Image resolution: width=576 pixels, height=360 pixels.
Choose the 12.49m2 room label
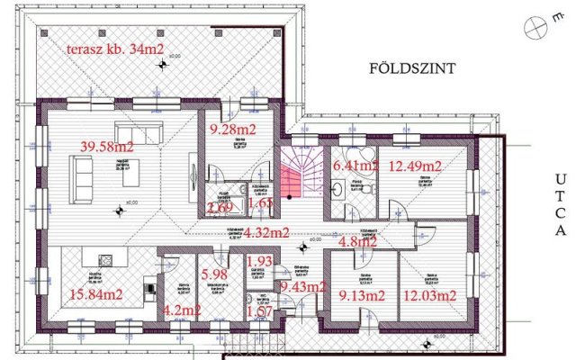pyautogui.click(x=414, y=166)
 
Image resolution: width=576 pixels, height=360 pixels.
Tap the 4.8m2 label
pyautogui.click(x=355, y=240)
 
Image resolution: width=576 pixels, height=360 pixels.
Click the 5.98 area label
pyautogui.click(x=213, y=274)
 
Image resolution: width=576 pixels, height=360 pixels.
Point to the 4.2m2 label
pyautogui.click(x=184, y=311)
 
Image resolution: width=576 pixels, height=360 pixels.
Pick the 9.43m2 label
pyautogui.click(x=303, y=287)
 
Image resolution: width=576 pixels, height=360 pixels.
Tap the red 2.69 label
pyautogui.click(x=220, y=209)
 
